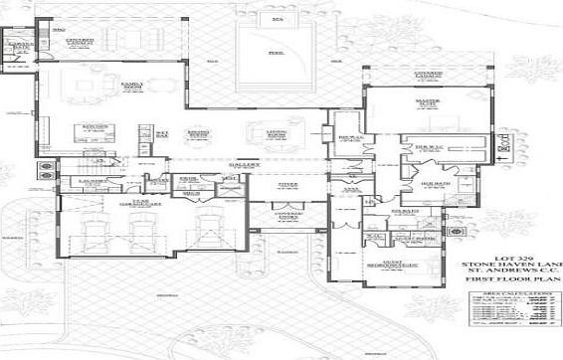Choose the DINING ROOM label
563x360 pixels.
pos(198,131)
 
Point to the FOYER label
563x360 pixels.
pos(288,184)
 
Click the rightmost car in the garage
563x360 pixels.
pos(210,235)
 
